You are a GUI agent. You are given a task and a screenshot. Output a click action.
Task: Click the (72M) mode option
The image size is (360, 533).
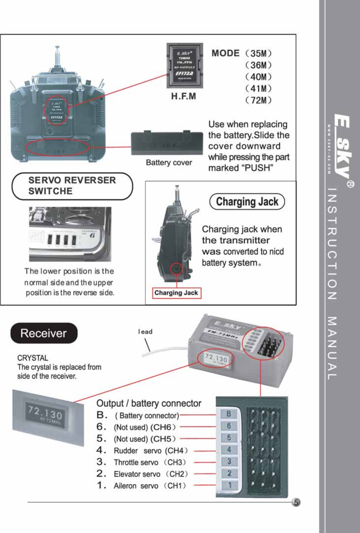(x=258, y=100)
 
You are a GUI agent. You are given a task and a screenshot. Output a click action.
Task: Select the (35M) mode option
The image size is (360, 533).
(x=258, y=53)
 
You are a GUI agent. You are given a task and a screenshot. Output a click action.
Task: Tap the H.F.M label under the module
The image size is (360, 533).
(x=183, y=96)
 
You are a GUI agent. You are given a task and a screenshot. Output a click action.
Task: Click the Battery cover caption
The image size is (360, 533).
(x=169, y=163)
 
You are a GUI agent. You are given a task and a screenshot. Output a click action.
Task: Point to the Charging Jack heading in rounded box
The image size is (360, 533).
(x=247, y=201)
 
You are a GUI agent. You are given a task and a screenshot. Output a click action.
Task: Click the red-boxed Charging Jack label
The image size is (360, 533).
(x=176, y=293)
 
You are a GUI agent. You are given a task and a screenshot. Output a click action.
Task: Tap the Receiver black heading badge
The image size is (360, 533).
(x=44, y=333)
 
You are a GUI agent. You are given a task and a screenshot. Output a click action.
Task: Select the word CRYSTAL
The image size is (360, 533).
(x=32, y=358)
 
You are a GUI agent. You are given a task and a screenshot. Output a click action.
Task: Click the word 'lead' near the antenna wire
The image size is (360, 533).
(x=145, y=332)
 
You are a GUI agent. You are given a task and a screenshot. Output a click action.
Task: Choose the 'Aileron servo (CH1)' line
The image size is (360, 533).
(x=150, y=486)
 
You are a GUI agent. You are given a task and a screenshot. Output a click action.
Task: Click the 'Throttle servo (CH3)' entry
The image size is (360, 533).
(x=150, y=462)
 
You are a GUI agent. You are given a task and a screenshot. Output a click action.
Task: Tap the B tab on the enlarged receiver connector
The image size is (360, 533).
(x=229, y=414)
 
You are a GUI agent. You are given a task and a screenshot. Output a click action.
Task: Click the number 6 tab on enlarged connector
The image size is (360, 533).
(x=229, y=426)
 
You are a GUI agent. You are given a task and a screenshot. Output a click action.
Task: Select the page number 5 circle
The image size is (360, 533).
(x=296, y=502)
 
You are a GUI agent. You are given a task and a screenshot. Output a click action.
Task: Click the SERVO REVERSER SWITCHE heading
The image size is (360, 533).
(x=72, y=186)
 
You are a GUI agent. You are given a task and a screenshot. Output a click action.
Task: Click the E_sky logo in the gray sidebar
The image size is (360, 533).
(x=342, y=146)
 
